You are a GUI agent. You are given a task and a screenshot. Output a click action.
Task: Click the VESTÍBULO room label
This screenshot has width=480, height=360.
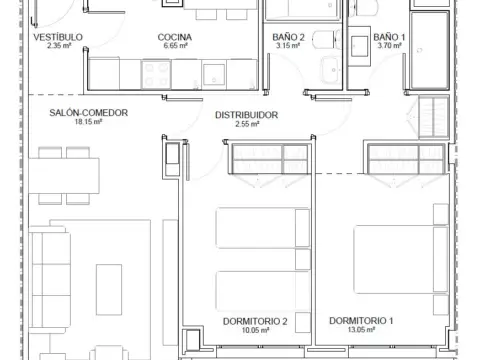tap(58, 37)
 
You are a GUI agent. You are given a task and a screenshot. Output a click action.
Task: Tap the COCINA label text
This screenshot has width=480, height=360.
tap(175, 37)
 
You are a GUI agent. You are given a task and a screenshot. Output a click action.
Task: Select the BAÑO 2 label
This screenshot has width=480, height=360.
tap(288, 37)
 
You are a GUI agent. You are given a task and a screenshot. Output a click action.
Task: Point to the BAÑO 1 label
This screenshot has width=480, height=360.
tap(389, 37)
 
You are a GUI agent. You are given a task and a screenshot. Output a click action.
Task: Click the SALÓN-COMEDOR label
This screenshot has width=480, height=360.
tap(89, 113)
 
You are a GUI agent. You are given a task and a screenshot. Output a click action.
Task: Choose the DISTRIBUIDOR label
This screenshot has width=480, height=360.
tap(247, 115)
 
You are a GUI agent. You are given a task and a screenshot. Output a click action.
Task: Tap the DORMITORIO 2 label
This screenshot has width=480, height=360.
tap(255, 321)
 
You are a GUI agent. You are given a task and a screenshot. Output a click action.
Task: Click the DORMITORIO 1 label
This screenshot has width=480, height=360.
tap(361, 321)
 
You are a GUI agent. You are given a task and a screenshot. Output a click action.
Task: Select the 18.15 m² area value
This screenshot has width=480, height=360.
tap(88, 122)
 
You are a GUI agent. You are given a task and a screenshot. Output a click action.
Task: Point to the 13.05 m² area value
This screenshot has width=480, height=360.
tap(361, 330)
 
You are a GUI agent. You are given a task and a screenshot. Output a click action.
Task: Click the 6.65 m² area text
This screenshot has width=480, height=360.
tap(175, 46)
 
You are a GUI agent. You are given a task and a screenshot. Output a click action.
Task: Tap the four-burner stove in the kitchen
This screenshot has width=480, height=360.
tap(156, 75)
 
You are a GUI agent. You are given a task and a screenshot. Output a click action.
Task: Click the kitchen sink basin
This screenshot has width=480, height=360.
tap(214, 75)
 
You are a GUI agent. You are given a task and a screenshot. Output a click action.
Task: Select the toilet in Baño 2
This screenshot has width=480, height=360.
tap(327, 39)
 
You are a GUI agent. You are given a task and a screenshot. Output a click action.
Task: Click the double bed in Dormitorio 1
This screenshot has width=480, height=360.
tap(401, 260)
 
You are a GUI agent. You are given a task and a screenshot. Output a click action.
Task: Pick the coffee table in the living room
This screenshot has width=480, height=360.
tap(109, 290)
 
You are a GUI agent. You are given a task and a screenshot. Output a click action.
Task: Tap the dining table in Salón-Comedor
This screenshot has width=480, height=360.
tap(64, 176)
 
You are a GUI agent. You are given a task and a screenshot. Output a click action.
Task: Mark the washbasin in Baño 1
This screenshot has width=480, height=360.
tap(359, 46)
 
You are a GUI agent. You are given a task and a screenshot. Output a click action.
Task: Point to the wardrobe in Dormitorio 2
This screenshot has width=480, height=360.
tap(270, 159)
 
